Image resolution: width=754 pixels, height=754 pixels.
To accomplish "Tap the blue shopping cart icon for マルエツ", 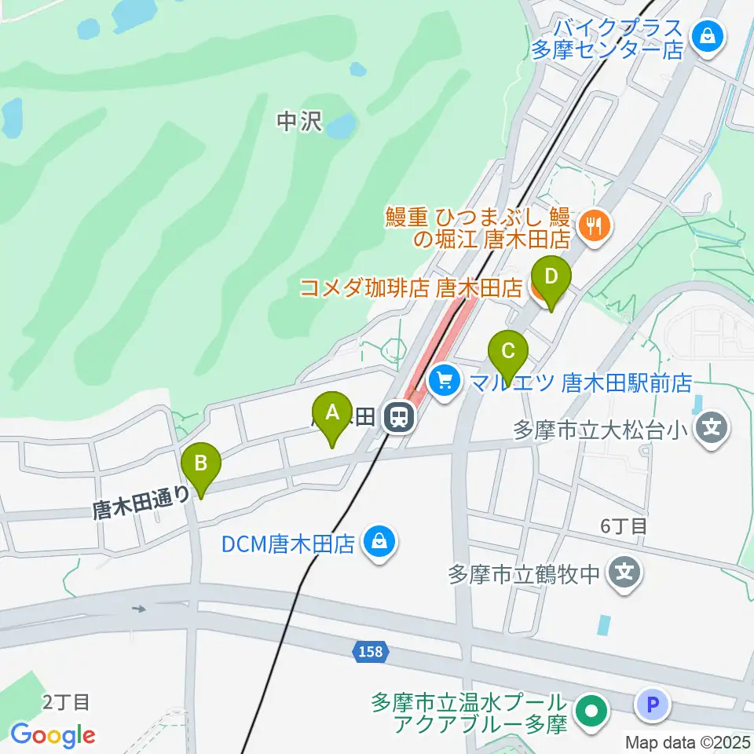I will pos(445,382).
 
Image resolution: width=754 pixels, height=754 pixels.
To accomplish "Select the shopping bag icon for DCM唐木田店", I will pos(380,542).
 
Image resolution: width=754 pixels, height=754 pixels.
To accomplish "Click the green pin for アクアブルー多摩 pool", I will pos(591,712).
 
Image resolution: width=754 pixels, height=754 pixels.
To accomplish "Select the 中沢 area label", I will pos(299,122).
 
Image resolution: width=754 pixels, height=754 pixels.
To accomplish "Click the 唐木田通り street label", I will pos(141,503).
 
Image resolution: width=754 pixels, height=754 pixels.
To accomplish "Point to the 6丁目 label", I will pos(624,526).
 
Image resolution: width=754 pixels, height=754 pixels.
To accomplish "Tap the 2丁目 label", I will pos(67,701).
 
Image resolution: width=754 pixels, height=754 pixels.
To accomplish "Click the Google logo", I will pos(53,735).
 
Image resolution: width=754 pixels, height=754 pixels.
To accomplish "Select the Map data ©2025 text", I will pos(687,741).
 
